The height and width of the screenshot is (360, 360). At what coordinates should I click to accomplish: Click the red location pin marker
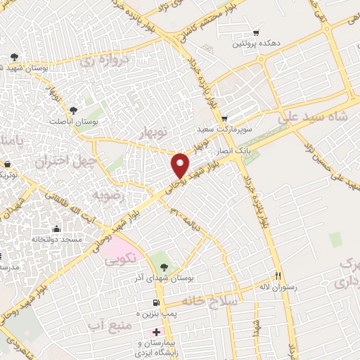click(x=181, y=165)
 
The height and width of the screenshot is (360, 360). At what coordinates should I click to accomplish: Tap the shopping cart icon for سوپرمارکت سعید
click(x=224, y=118)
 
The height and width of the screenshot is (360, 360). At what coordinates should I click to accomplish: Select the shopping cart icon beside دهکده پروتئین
click(x=255, y=32)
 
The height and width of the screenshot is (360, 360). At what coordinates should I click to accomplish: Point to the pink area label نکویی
click(x=119, y=259)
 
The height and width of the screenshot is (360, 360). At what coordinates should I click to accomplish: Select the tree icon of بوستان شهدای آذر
click(x=164, y=267)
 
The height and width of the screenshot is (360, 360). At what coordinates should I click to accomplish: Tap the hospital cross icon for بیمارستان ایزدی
click(x=156, y=330)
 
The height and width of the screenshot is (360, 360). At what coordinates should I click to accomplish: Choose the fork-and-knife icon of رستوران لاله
click(x=278, y=275)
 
